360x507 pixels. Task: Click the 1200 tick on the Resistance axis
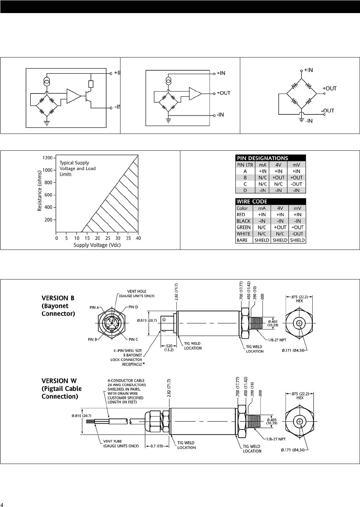click(47, 158)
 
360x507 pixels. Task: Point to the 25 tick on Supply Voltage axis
click(108, 238)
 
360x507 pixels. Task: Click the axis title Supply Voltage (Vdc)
click(97, 245)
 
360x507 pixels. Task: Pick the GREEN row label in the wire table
click(244, 228)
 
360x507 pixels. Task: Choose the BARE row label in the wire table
click(242, 240)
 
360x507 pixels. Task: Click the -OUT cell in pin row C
click(296, 184)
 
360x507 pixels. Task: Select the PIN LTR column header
click(245, 165)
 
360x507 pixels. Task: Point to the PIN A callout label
click(94, 307)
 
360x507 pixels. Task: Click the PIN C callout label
click(133, 339)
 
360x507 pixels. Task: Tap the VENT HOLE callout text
click(137, 294)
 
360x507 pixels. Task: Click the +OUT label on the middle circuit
click(224, 93)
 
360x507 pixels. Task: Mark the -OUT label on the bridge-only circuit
click(328, 111)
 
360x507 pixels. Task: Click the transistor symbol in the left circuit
click(88, 97)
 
